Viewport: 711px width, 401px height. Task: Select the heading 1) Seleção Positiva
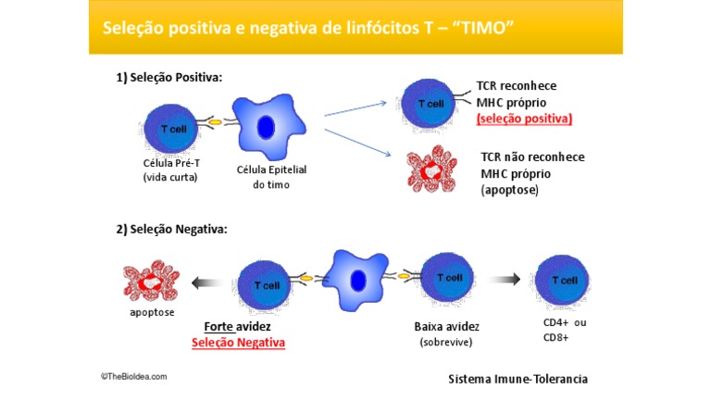(168, 78)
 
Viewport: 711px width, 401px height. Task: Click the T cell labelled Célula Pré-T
(169, 129)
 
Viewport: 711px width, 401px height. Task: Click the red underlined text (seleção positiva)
(524, 119)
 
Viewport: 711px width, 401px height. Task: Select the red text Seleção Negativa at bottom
(239, 343)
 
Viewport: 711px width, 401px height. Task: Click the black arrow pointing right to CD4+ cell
(505, 279)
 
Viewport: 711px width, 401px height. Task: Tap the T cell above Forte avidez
(265, 286)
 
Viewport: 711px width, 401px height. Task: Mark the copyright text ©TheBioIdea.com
(134, 377)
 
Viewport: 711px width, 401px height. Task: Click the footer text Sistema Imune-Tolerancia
(518, 379)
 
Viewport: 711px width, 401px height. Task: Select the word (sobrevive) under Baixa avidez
(447, 343)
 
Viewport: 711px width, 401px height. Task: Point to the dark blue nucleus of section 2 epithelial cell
(358, 281)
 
